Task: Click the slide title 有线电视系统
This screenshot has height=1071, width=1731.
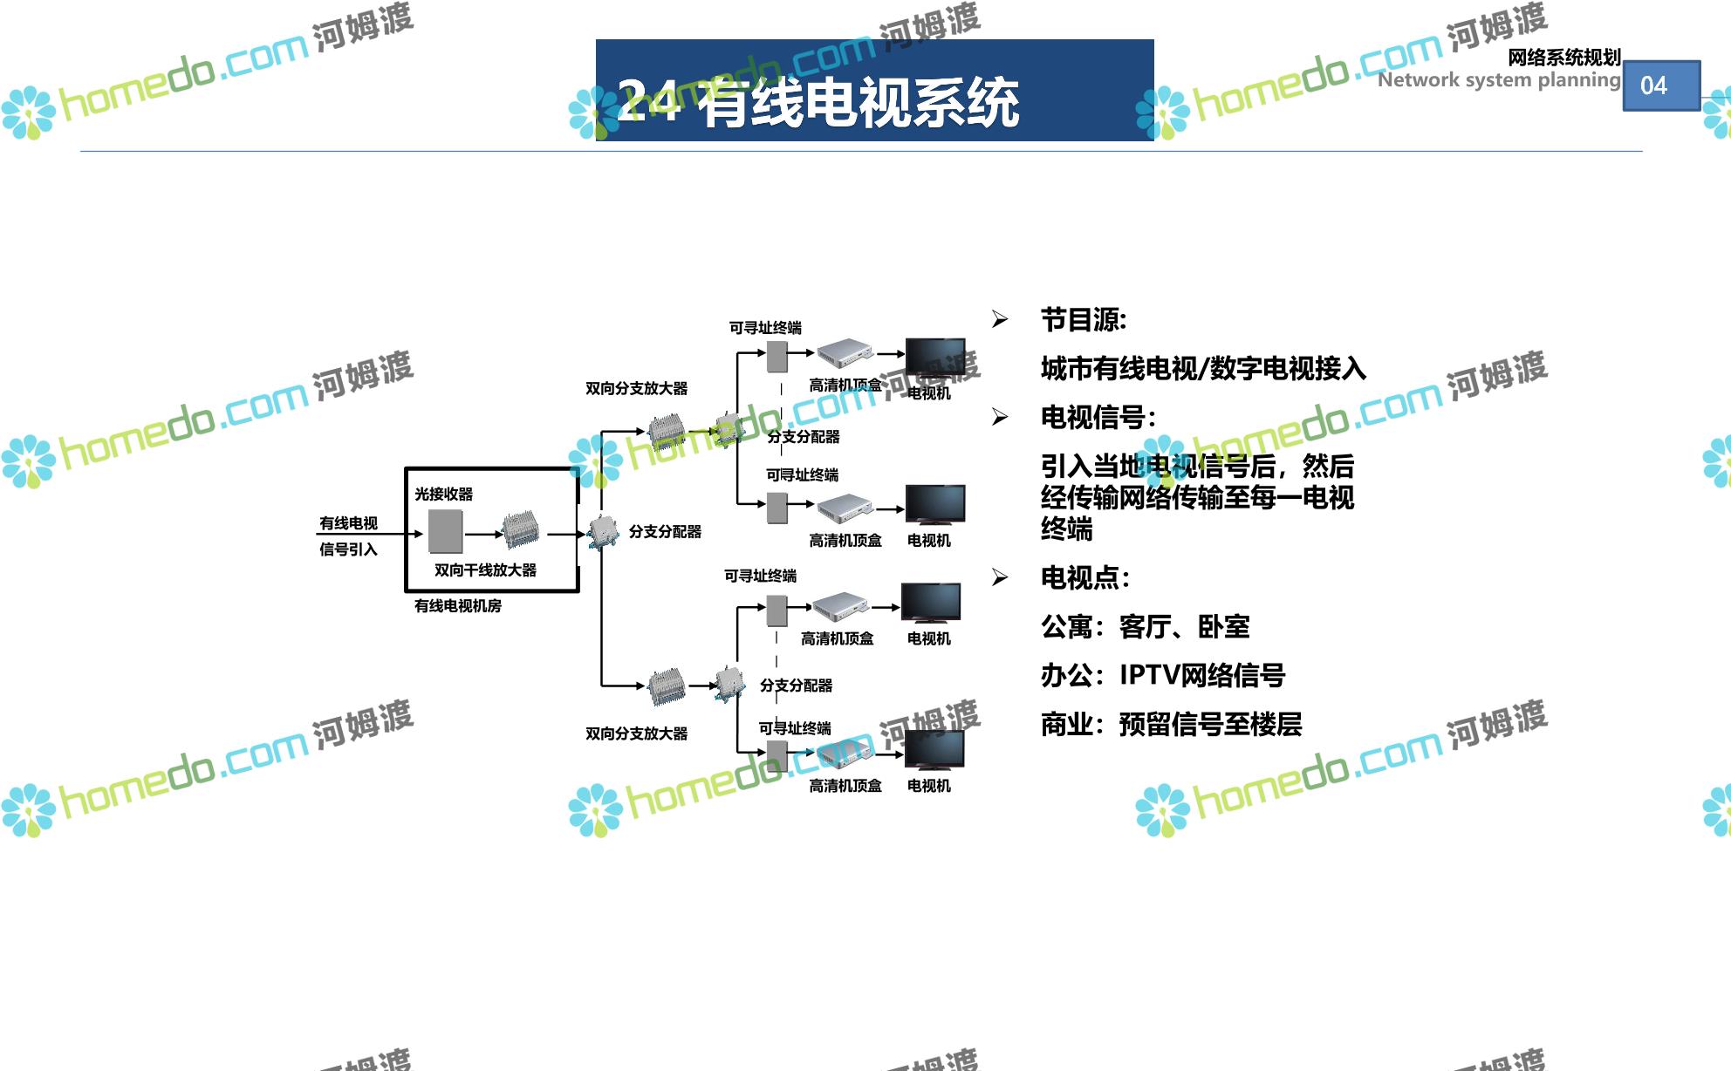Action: pos(859,103)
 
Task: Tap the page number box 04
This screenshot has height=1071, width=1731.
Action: pos(1660,85)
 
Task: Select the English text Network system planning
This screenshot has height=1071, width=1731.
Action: pos(1498,80)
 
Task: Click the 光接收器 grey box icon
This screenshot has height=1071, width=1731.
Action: pos(446,530)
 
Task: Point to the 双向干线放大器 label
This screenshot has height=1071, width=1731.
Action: pos(485,570)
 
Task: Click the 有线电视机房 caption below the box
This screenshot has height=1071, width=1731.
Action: pos(457,606)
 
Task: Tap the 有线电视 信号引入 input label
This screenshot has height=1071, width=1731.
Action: pos(348,535)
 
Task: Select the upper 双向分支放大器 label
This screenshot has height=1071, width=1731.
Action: pos(636,389)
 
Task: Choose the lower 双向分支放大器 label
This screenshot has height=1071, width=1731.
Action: pos(636,734)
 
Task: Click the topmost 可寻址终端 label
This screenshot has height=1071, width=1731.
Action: pos(765,328)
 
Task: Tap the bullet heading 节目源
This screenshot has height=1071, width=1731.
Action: pos(1083,320)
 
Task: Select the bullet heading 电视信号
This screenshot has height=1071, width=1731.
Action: pos(1097,418)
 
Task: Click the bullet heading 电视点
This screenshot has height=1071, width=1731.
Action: pos(1084,578)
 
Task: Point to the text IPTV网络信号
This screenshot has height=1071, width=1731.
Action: pos(1201,675)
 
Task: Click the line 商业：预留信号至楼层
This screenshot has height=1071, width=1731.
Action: pos(1170,724)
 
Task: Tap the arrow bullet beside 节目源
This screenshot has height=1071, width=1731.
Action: pos(1000,320)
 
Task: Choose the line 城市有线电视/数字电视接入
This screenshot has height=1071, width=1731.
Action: pos(1202,369)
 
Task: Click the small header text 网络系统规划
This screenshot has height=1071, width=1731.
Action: pos(1563,58)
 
